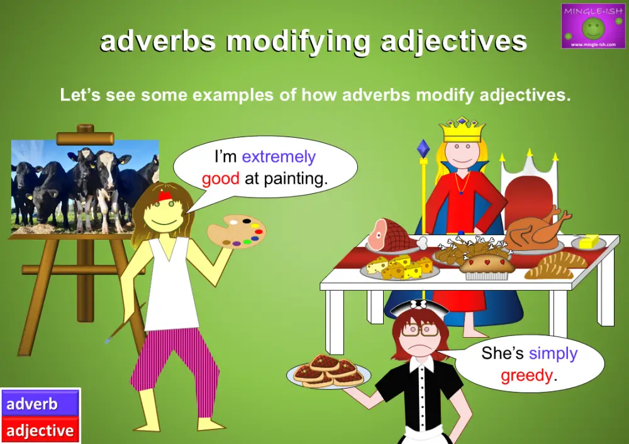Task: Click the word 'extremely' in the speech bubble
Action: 279,157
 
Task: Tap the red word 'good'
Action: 220,179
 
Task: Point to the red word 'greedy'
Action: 526,375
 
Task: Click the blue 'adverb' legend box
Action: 40,403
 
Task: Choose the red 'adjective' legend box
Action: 40,430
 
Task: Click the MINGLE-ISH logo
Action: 593,26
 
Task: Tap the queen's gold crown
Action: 463,130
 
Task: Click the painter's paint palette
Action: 237,231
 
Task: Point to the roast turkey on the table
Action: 536,229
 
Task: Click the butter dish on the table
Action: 589,242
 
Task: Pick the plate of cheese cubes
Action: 399,267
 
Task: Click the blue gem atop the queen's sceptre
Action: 423,148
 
